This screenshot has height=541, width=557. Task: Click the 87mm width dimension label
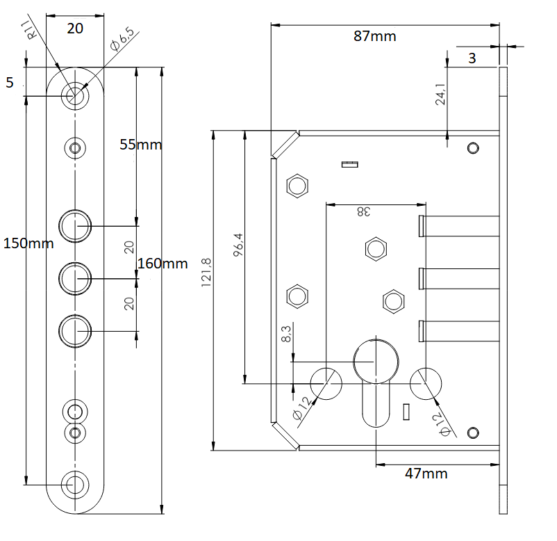374,36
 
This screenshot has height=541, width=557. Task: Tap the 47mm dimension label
426,474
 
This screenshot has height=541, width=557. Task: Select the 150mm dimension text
28,243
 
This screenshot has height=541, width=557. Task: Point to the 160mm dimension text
163,264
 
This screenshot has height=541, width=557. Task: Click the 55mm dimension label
140,145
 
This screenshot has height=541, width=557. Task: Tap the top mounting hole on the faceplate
75,95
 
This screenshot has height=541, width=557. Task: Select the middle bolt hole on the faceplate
75,278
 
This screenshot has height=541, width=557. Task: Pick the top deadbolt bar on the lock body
458,226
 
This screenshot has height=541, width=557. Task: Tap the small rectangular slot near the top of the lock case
349,165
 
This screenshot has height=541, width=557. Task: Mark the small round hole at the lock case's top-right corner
473,147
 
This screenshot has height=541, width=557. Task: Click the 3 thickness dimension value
472,58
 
